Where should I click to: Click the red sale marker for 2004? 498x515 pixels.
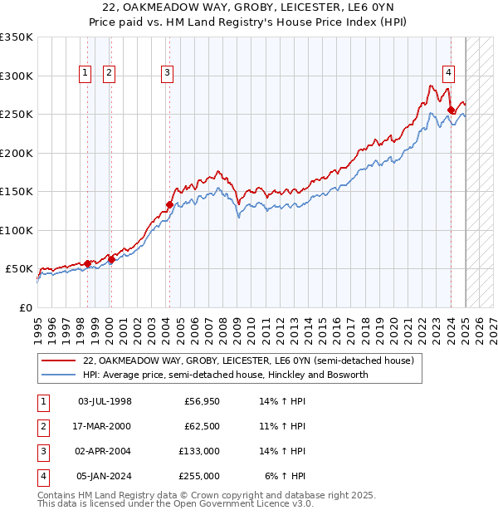(169, 204)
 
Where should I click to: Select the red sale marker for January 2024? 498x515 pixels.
(451, 110)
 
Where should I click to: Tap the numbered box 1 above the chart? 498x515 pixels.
(86, 73)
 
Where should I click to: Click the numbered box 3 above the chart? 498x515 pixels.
(167, 73)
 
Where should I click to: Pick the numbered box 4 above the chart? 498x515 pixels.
(448, 73)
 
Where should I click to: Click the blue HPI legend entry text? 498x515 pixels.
(224, 375)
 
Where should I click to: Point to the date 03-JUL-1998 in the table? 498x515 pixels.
(105, 402)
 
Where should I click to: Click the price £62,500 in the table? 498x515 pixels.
(202, 427)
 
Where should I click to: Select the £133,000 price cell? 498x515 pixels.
(199, 452)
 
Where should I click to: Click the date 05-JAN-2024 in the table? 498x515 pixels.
(105, 477)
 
